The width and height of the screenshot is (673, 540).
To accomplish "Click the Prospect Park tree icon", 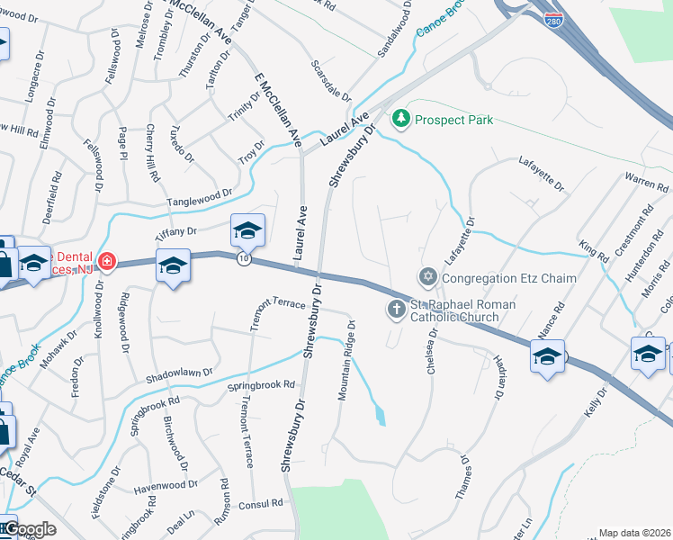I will click(x=400, y=119).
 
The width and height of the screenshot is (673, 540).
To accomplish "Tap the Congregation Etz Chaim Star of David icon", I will click(x=427, y=277).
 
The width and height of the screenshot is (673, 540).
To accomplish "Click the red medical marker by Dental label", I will click(x=106, y=262).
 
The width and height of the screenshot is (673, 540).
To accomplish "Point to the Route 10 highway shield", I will click(x=244, y=258).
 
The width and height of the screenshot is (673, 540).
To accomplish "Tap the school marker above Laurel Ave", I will click(x=247, y=232).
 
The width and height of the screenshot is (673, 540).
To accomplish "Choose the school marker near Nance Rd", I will click(x=547, y=357).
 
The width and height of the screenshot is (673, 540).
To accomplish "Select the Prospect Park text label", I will click(x=454, y=120).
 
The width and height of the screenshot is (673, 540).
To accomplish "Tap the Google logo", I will click(x=30, y=529).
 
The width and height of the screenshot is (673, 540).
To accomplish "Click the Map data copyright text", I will click(x=634, y=533).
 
